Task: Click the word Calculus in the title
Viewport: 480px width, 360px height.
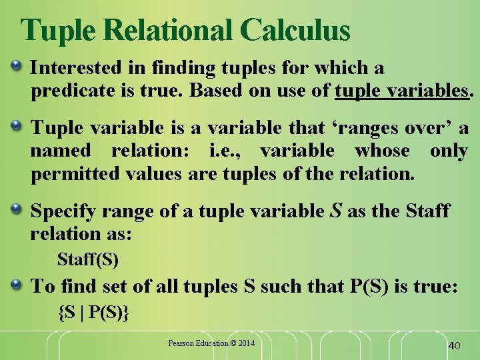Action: [x=295, y=30]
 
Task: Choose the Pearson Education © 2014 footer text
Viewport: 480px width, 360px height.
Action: [x=211, y=343]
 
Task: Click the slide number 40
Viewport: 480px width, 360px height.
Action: [x=455, y=345]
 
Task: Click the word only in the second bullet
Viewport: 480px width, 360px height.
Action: [x=449, y=151]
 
